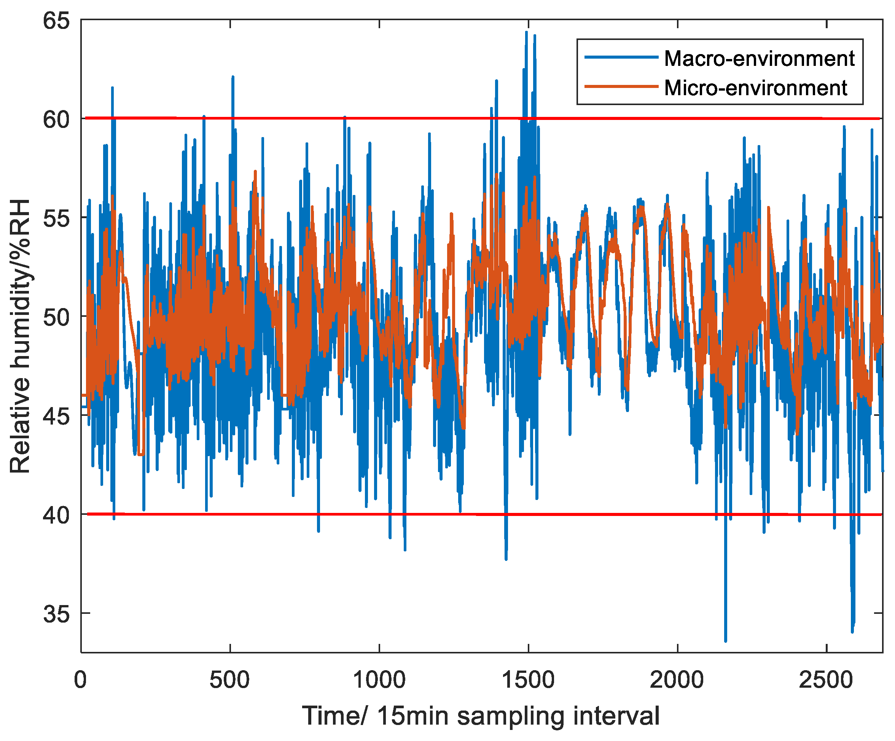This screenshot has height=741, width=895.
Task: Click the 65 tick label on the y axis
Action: tap(56, 21)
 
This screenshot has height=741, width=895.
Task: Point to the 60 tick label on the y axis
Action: tap(56, 120)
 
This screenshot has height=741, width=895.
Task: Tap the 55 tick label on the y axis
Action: tap(56, 218)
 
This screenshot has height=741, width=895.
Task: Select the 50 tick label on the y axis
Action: tap(56, 317)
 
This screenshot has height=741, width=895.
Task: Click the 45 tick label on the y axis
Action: tap(56, 416)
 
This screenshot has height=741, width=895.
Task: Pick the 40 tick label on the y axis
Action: tap(56, 515)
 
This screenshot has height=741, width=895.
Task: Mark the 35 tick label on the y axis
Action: tap(56, 614)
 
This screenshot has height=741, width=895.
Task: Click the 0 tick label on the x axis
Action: tap(81, 680)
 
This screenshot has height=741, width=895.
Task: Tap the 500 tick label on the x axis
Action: tap(230, 680)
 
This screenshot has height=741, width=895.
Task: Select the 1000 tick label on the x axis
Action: tap(379, 680)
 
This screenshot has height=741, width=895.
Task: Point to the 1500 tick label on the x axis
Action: tap(529, 680)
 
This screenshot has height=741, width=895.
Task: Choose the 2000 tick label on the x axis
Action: tap(677, 680)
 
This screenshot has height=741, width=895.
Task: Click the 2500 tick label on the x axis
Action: tap(827, 680)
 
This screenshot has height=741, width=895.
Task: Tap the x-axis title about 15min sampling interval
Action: tap(481, 716)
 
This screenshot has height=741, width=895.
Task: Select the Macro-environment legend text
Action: tap(760, 58)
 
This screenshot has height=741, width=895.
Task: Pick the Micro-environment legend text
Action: tap(756, 88)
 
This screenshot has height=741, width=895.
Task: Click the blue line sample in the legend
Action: tap(621, 57)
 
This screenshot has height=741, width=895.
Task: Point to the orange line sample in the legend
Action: tap(621, 86)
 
